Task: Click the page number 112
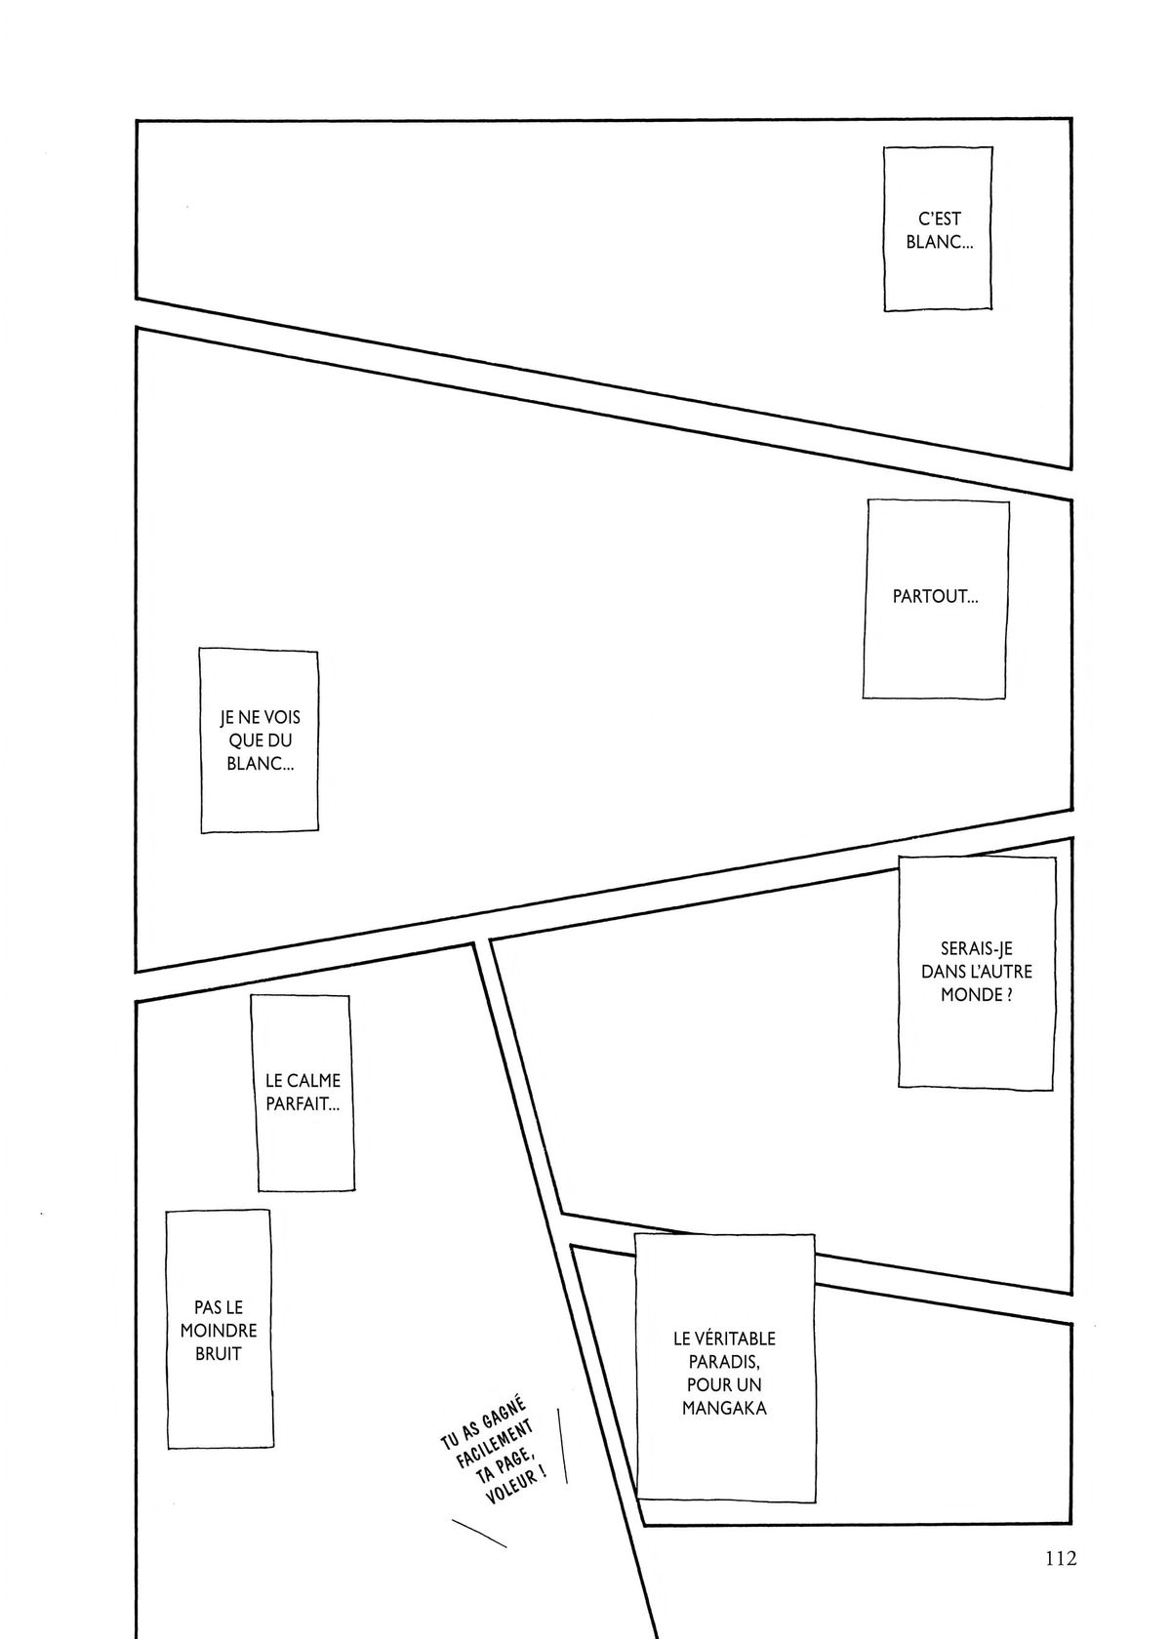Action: pos(1062,1537)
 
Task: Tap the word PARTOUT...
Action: pos(932,596)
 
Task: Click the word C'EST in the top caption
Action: pos(939,219)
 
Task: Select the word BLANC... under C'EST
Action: pos(939,242)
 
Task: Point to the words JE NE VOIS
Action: pos(260,718)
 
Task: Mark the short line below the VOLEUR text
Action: pos(479,1535)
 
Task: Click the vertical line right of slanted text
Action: pos(563,1445)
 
